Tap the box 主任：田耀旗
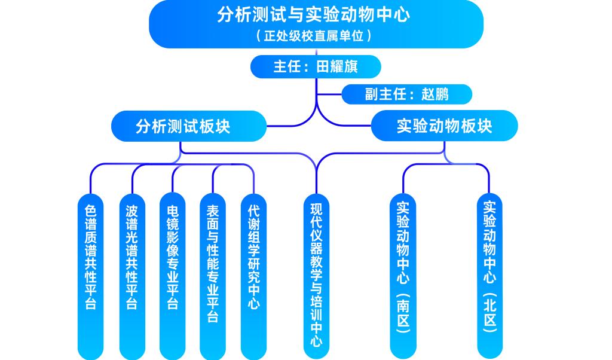(315, 66)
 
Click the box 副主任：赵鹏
(406, 94)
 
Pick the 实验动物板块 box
(444, 126)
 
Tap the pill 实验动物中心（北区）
(490, 269)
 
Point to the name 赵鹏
(434, 94)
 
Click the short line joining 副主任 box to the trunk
(329, 94)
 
